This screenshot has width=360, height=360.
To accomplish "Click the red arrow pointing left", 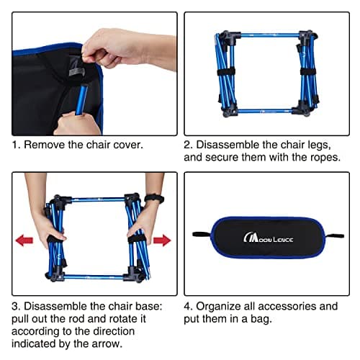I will click(24, 240).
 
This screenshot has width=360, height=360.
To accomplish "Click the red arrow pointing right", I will click(161, 240).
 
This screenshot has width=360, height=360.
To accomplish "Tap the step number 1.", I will click(15, 144).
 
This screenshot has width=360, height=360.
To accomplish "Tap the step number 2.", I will click(189, 144).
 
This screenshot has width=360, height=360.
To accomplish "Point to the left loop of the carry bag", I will click(199, 234).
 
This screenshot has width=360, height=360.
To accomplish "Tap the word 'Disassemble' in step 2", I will click(231, 144).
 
